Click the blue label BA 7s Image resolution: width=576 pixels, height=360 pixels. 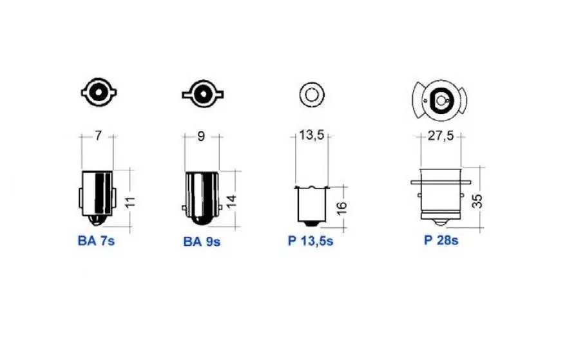point(96,241)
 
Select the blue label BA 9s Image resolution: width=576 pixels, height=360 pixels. point(202,242)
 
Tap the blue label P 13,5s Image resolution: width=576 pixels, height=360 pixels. point(311,241)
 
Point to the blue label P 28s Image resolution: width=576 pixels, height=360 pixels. point(441,240)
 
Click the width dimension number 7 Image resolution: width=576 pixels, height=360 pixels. point(98,136)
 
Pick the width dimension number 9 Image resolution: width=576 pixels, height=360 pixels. point(201,137)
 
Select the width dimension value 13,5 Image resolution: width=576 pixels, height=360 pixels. point(311,135)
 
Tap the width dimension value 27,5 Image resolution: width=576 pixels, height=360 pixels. point(441,136)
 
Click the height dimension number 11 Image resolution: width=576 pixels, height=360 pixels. point(131,202)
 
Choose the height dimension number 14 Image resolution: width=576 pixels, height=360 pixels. point(231,202)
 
